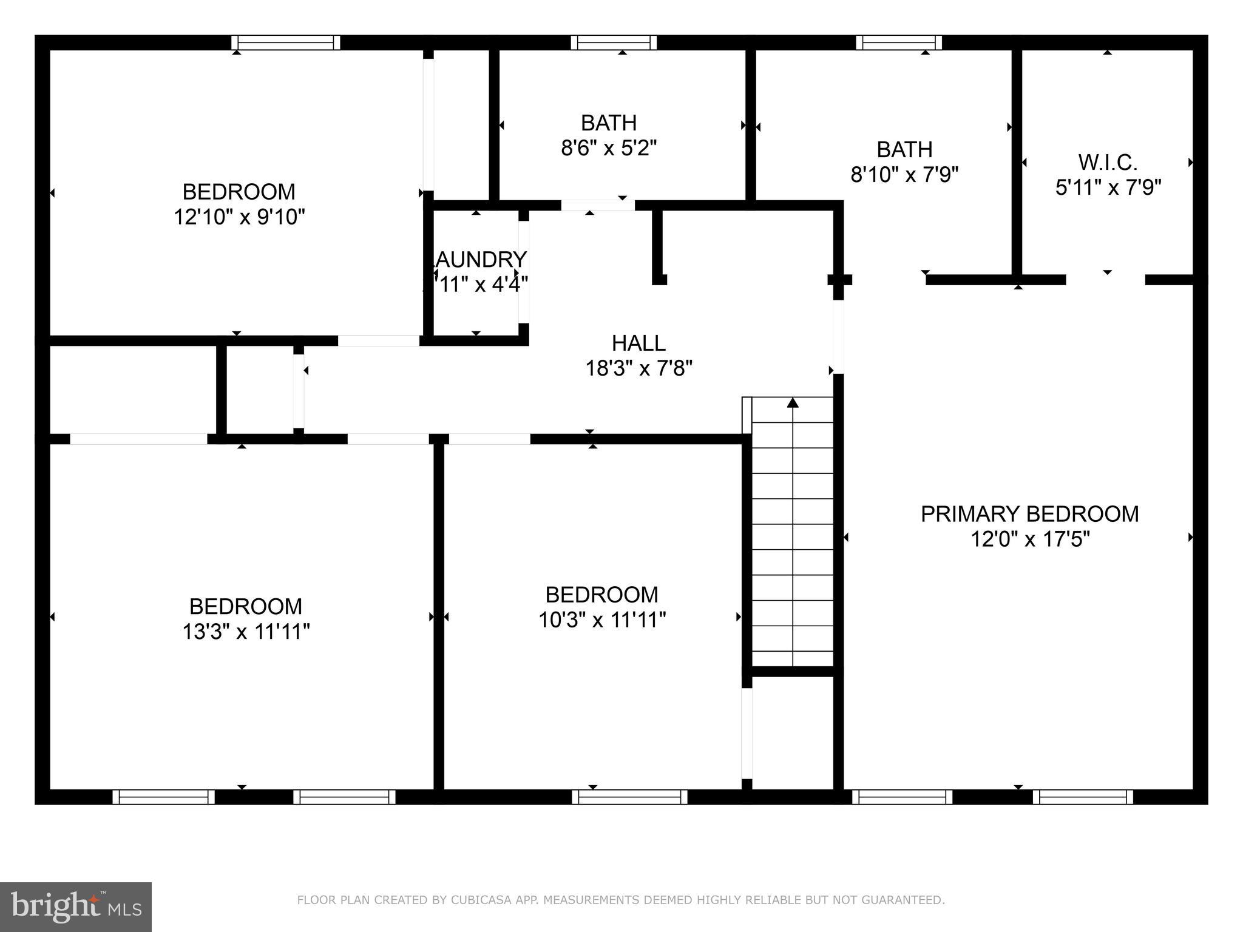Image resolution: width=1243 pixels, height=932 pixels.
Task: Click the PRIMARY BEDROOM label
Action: [x=1029, y=514]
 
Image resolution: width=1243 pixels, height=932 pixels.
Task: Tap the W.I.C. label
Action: [x=1108, y=163]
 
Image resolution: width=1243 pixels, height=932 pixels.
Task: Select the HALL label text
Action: [x=638, y=343]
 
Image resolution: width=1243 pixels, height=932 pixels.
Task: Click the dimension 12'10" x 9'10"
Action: [x=239, y=217]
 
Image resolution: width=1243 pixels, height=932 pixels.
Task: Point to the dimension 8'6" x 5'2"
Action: [x=609, y=148]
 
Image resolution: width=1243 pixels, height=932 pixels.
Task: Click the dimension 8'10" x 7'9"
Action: [x=904, y=175]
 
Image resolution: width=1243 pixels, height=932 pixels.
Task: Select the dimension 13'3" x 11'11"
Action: [x=246, y=632]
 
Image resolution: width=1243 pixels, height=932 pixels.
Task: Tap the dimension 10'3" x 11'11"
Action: [x=602, y=620]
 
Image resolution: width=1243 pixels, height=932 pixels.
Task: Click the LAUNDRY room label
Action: [x=478, y=260]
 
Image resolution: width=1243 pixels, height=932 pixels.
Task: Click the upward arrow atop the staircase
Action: [x=793, y=403]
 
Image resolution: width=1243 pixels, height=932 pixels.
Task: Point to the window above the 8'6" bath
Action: [x=614, y=42]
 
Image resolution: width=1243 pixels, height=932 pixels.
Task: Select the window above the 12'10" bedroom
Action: [x=285, y=42]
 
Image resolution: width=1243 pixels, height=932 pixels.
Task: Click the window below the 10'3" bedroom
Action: [x=629, y=797]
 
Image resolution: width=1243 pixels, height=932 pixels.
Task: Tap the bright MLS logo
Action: [x=76, y=907]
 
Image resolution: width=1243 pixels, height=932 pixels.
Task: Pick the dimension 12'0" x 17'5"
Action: [x=1030, y=539]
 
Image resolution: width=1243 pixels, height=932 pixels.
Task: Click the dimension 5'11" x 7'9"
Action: [x=1108, y=187]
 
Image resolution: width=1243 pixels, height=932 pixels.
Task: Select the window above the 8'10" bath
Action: [x=899, y=42]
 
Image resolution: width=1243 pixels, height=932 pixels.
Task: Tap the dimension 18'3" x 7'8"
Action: [x=638, y=368]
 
